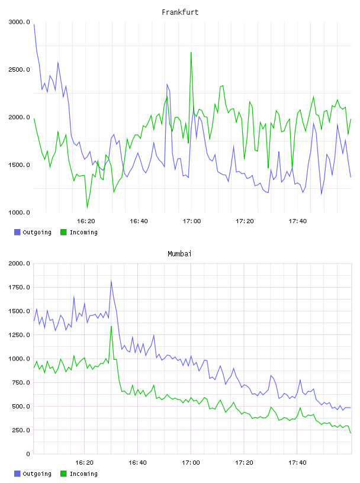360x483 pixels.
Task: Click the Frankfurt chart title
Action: (x=180, y=12)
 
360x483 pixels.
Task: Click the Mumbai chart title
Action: (x=179, y=254)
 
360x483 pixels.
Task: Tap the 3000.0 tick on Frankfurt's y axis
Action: (x=20, y=22)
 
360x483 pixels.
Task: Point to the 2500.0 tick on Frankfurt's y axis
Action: (x=20, y=70)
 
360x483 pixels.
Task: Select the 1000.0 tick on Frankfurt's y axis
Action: (x=20, y=212)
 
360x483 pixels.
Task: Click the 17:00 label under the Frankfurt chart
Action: (x=192, y=221)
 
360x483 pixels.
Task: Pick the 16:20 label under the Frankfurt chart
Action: (x=86, y=221)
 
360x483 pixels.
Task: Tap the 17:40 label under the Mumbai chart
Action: (x=297, y=463)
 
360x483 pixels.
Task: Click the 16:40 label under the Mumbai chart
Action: (x=137, y=463)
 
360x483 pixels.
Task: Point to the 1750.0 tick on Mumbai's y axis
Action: (x=20, y=288)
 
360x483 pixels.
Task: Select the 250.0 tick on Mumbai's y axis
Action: (x=21, y=430)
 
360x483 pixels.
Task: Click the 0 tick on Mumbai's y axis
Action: (x=28, y=454)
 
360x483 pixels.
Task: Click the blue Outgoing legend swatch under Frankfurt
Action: (x=17, y=232)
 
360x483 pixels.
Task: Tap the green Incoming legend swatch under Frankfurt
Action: (x=63, y=232)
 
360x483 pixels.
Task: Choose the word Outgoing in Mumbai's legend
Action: (x=37, y=474)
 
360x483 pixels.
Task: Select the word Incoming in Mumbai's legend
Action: (x=83, y=474)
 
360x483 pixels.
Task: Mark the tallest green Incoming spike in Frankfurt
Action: (x=191, y=53)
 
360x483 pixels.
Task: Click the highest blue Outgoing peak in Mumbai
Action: (x=111, y=281)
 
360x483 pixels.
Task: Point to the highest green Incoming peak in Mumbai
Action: (x=111, y=326)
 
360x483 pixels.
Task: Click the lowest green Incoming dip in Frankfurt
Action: (x=87, y=208)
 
